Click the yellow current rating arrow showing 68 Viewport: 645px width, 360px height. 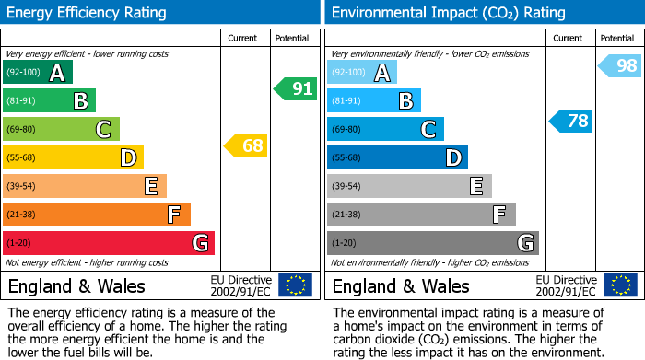(245, 145)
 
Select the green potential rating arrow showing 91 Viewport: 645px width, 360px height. (295, 89)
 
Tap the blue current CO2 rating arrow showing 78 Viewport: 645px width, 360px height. (571, 121)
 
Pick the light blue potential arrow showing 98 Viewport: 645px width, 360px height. (619, 65)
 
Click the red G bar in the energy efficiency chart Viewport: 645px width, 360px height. (109, 243)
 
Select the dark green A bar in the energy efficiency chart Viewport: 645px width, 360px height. (38, 73)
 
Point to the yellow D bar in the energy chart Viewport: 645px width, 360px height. (73, 158)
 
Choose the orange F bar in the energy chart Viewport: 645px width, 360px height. (97, 215)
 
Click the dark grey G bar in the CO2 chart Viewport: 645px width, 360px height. (432, 243)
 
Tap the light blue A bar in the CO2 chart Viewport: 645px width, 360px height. (362, 73)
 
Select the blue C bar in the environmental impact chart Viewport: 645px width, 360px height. (385, 130)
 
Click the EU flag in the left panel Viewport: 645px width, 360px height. (295, 285)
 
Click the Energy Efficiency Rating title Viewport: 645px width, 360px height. (88, 13)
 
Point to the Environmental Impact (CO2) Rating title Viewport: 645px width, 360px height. (448, 13)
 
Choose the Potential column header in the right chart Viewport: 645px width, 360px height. (616, 38)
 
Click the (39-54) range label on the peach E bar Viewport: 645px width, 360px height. (21, 187)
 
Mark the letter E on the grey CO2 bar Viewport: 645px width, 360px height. (475, 187)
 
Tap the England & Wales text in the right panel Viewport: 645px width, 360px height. (401, 285)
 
